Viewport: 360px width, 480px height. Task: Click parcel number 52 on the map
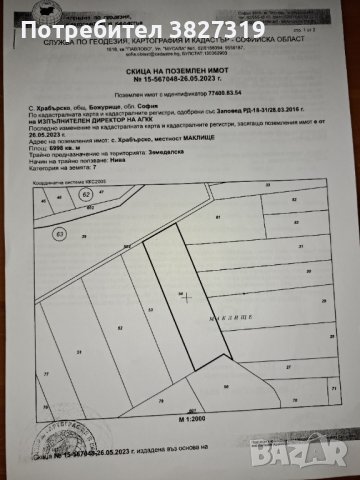(x=120, y=327)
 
